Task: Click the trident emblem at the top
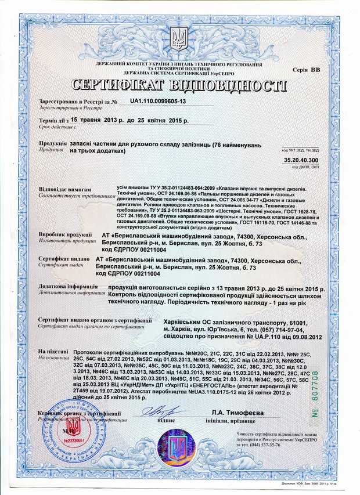179,37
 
